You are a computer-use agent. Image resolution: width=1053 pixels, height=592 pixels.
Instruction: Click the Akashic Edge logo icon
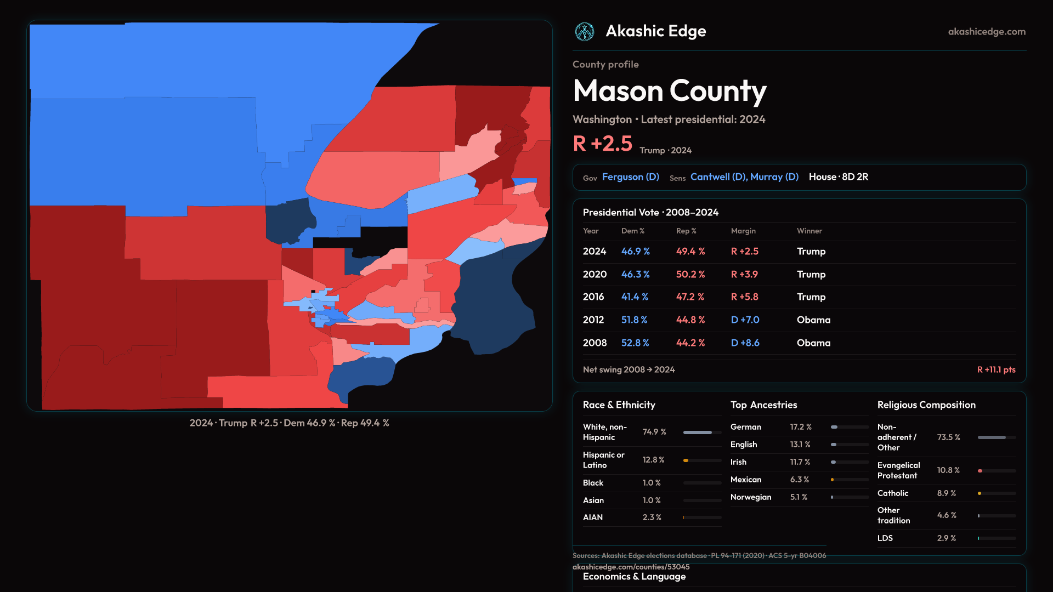[584, 32]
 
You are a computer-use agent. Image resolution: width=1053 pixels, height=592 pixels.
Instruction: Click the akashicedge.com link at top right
[987, 32]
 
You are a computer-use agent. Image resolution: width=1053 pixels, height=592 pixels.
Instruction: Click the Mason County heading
[669, 91]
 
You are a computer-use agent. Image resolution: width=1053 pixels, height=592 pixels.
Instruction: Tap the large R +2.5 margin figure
[602, 144]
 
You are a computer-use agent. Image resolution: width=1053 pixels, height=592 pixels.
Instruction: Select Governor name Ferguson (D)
[630, 177]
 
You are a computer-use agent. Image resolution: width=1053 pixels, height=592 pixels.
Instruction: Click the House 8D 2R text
[838, 177]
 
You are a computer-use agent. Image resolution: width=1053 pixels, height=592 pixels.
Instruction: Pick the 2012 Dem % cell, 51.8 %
[634, 320]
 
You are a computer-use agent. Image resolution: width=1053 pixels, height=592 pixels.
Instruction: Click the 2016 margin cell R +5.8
[744, 297]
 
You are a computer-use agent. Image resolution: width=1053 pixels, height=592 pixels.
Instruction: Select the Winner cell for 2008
[813, 343]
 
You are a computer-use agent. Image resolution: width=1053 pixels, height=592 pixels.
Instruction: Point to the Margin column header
[743, 231]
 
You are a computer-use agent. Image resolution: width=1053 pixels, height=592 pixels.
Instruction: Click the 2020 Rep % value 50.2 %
[690, 275]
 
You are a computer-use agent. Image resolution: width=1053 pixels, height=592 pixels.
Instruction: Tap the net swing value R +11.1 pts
[996, 370]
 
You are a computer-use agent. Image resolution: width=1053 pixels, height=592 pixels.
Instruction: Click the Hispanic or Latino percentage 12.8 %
[653, 460]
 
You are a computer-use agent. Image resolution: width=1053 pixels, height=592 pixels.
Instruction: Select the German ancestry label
[745, 427]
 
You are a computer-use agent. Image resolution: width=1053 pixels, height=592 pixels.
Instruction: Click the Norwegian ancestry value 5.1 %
[799, 497]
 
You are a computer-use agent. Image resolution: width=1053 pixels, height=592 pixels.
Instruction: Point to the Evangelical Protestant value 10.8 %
[948, 470]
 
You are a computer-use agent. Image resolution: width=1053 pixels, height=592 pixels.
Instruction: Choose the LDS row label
[885, 538]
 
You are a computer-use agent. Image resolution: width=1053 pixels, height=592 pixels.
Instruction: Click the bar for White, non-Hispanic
[702, 432]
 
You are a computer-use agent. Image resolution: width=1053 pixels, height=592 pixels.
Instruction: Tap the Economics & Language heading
[634, 577]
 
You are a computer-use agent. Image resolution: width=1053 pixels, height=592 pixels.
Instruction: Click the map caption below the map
[289, 423]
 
